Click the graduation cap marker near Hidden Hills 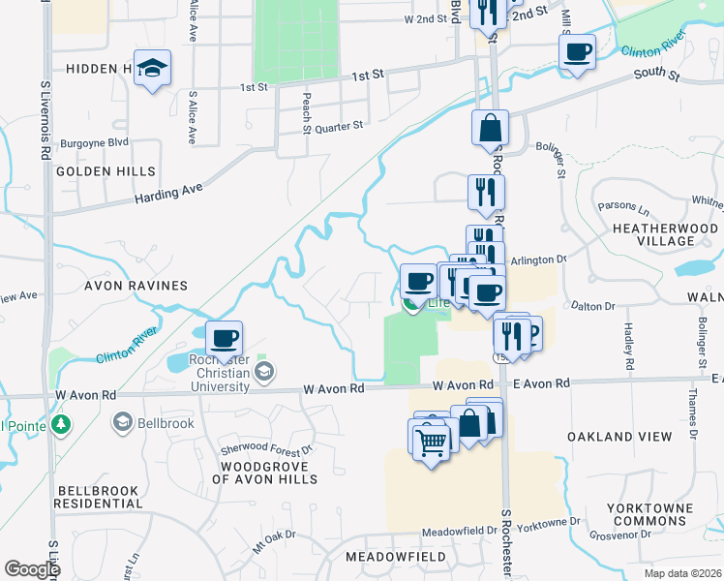pos(152,69)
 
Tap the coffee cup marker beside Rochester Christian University pos(224,339)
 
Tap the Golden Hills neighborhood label pos(106,171)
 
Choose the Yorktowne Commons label pos(648,514)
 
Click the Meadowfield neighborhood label pos(396,557)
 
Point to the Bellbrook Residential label pos(98,498)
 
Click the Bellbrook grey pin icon pos(123,422)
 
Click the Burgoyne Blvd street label pos(94,143)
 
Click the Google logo pos(32,569)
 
